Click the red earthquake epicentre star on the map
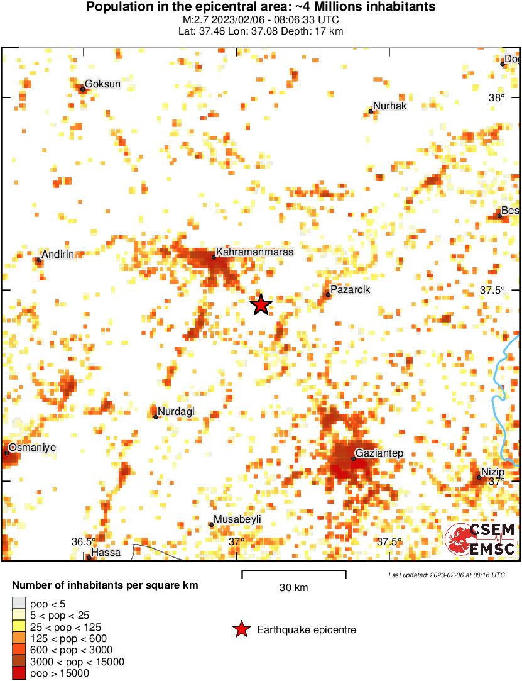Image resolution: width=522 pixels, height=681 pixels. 261,304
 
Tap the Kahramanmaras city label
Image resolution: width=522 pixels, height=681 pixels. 254,251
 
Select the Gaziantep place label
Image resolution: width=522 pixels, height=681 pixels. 379,453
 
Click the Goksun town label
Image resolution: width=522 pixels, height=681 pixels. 102,84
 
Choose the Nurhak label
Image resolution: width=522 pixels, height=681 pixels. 389,106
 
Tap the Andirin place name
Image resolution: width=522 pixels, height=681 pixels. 58,254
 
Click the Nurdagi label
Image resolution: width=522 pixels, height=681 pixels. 176,412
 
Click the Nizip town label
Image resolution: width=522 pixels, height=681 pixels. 493,472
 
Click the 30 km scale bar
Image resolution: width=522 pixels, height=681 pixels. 294,572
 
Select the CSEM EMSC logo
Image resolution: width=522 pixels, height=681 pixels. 481,540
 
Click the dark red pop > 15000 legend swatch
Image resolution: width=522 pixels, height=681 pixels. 19,673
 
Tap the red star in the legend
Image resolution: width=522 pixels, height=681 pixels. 241,629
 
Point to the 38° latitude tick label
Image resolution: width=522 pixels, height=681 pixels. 497,97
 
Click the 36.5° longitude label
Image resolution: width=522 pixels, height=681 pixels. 84,541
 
